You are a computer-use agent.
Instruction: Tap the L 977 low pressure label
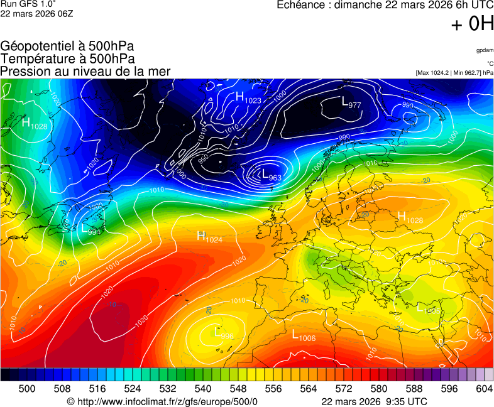(351, 102)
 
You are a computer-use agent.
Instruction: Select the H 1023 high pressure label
(248, 97)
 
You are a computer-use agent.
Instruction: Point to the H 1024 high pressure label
(210, 237)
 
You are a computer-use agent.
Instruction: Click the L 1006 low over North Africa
(303, 336)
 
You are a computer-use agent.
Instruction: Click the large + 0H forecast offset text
(472, 24)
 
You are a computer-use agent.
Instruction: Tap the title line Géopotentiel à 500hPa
(67, 46)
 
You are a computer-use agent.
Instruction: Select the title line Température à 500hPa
(67, 59)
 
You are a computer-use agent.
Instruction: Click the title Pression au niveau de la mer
(85, 72)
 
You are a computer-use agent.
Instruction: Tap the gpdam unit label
(485, 50)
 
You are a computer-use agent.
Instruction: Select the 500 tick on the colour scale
(27, 389)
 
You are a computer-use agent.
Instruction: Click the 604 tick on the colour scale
(484, 389)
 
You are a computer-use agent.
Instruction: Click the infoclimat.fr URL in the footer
(162, 401)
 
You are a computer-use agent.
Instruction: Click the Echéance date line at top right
(385, 5)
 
